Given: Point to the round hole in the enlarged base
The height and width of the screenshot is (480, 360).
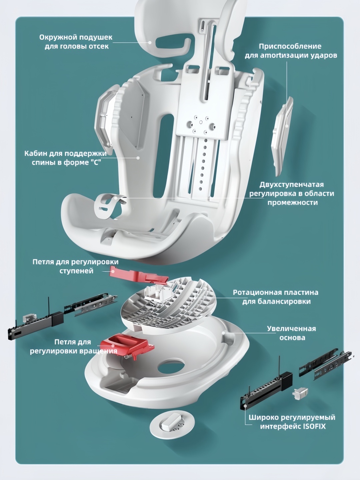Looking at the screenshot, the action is point(171,368).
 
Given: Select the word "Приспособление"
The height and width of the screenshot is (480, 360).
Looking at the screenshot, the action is point(290,46).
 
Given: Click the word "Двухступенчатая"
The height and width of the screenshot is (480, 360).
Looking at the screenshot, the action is point(292,185).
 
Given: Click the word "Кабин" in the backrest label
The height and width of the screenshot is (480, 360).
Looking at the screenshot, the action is point(36,153).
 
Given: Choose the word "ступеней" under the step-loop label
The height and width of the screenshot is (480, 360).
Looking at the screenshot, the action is point(76,271).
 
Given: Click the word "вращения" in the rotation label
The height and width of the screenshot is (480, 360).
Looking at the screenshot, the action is point(98,351).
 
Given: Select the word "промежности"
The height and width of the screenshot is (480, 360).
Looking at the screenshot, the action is point(292,203).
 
